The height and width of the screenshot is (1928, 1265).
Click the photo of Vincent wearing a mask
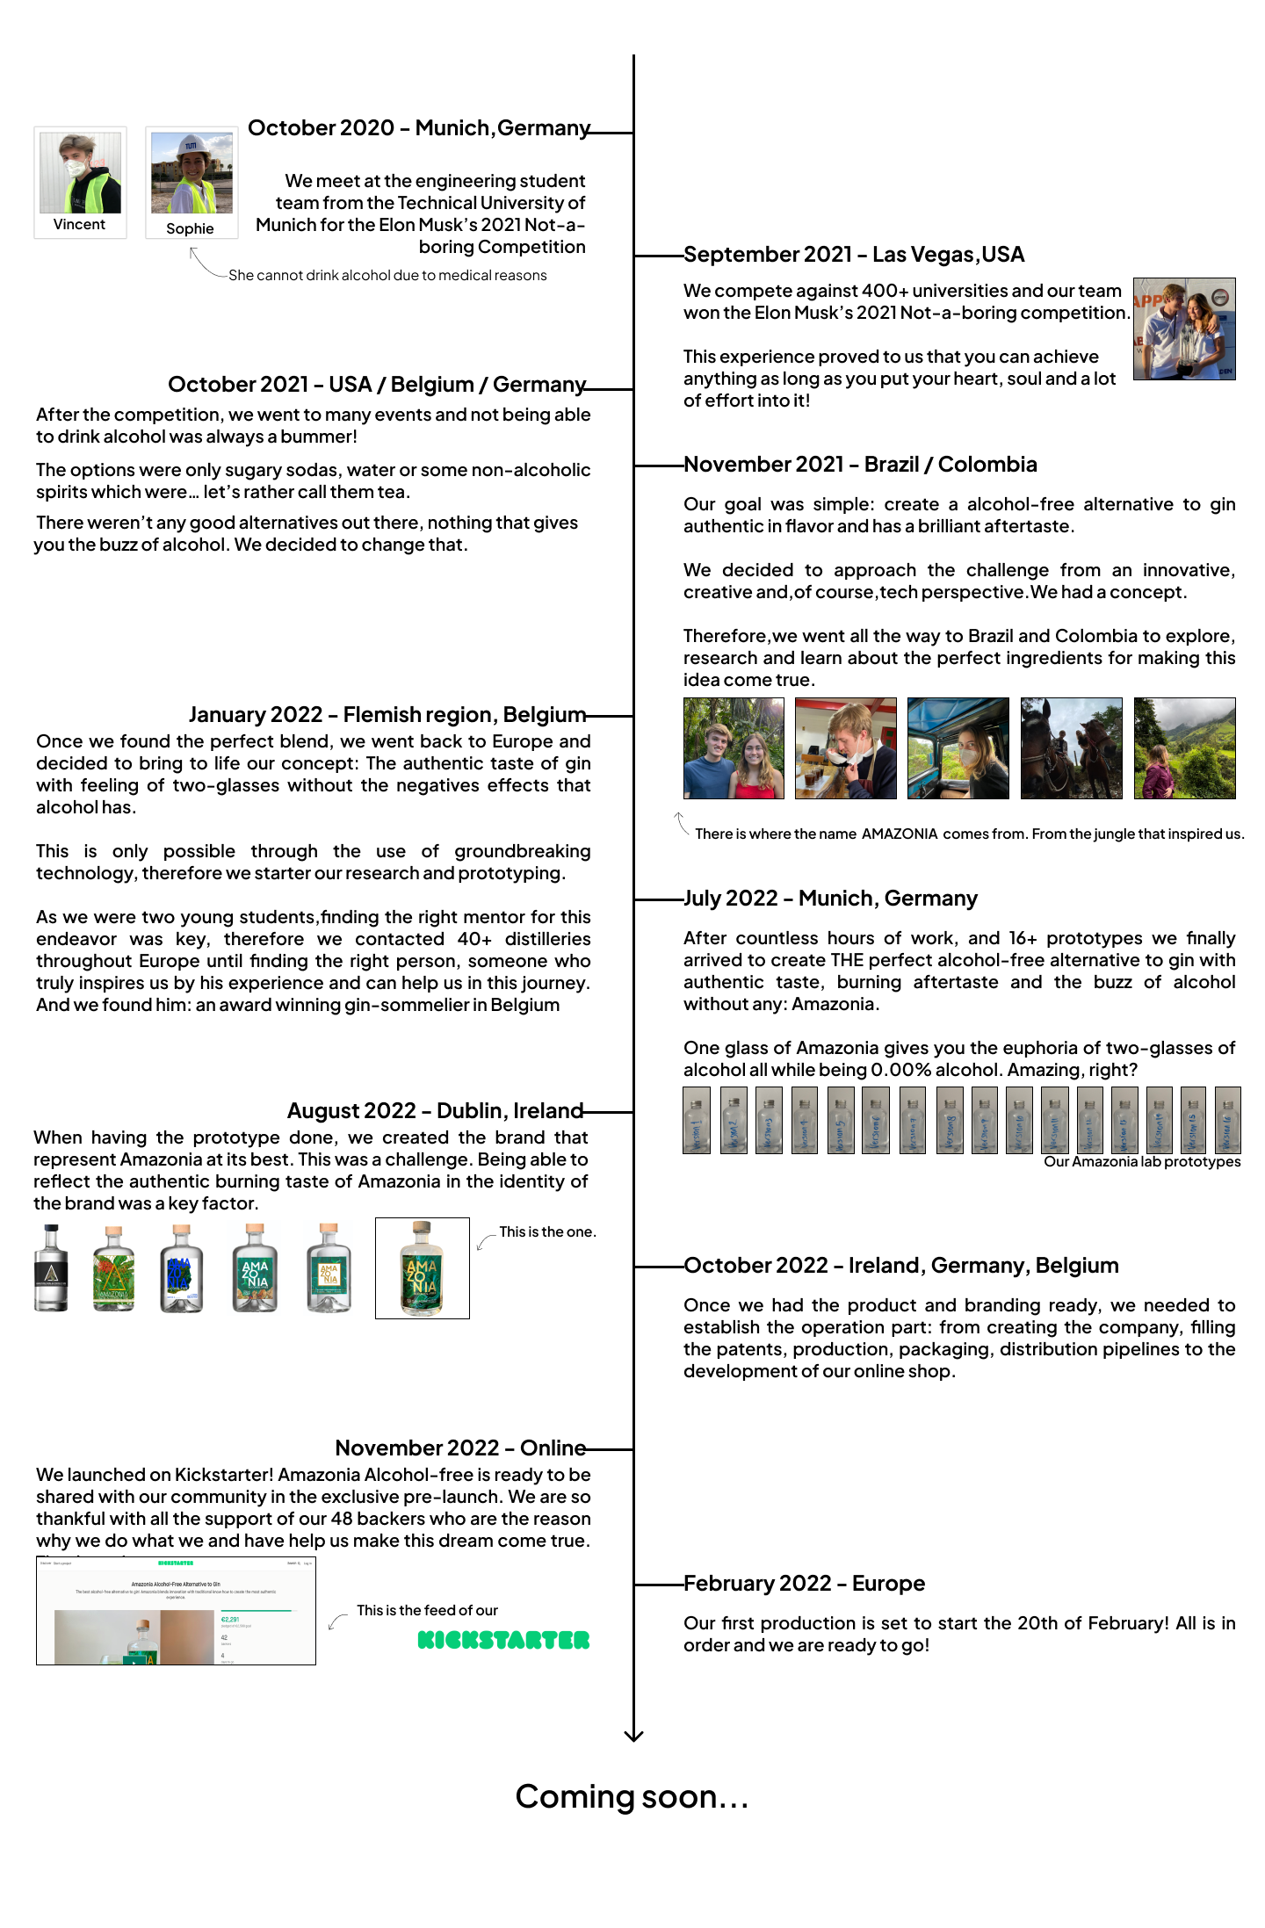pos(80,173)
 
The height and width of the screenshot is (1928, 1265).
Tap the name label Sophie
pos(190,228)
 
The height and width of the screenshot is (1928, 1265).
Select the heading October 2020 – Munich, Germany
pos(419,128)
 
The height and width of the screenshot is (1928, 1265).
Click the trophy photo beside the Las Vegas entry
pos(1184,329)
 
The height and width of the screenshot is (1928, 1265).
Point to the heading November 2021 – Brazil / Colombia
pos(860,465)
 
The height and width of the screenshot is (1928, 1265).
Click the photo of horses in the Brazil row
pos(1071,748)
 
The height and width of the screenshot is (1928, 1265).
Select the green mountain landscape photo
pos(1184,748)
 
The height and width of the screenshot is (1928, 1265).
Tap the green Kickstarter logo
pos(503,1640)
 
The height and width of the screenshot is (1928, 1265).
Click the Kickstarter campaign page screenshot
pos(176,1611)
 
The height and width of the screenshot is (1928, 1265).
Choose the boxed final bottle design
pos(423,1267)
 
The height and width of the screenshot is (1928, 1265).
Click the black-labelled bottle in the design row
pos(51,1268)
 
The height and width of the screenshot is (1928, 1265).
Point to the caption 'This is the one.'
pos(547,1232)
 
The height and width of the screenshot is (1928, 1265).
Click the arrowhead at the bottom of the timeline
pos(633,1736)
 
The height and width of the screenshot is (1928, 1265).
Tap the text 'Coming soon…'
pos(632,1797)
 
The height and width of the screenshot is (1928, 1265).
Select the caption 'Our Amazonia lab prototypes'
pos(1142,1162)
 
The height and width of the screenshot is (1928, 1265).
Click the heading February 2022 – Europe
pos(804,1584)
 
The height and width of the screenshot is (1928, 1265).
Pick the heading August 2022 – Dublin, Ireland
pos(435,1111)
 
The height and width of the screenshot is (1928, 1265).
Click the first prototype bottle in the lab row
pos(697,1120)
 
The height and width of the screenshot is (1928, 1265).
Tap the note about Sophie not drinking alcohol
pos(387,276)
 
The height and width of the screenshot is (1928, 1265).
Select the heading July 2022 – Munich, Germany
pos(830,899)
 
